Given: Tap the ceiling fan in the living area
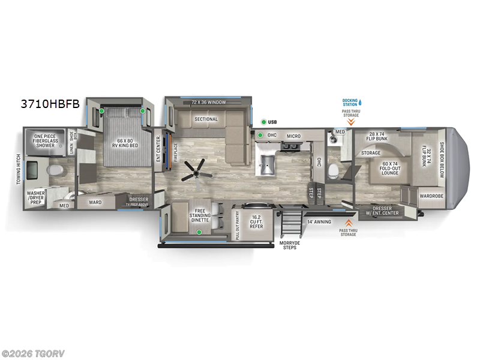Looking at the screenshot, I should (196, 169).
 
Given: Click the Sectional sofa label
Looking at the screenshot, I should (205, 119).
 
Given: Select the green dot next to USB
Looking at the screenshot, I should (263, 122).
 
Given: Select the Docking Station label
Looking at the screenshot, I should (350, 103).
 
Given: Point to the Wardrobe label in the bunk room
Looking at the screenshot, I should (431, 196).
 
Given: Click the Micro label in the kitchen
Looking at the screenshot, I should (293, 136).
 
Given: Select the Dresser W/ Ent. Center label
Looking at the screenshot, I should (386, 210).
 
